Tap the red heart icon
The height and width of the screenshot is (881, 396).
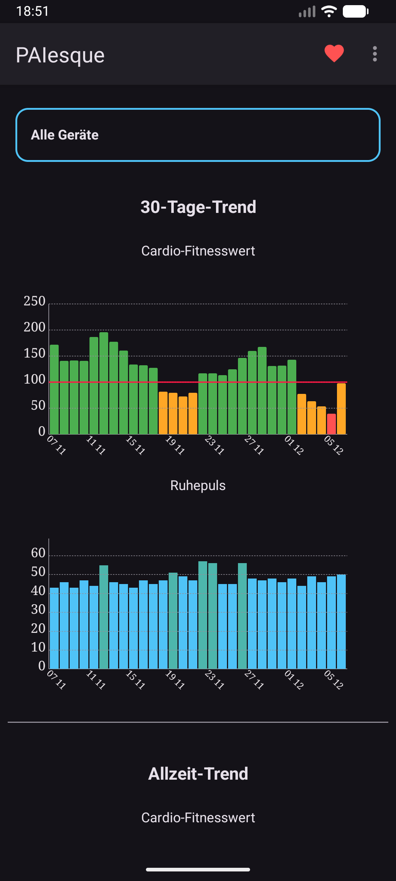click(x=334, y=54)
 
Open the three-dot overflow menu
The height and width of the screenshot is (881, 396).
click(x=374, y=54)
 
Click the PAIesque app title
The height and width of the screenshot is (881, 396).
click(x=60, y=55)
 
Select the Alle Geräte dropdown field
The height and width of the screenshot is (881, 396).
click(x=198, y=135)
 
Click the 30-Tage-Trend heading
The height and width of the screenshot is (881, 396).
click(x=198, y=207)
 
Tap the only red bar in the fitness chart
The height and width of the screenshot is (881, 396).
click(x=331, y=424)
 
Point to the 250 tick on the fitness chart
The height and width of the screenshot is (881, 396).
click(x=34, y=301)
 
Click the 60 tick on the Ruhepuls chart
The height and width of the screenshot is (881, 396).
click(x=38, y=553)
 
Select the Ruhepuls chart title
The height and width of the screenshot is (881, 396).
click(x=198, y=486)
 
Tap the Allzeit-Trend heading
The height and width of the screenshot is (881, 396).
click(x=198, y=774)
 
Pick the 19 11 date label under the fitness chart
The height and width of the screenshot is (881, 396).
click(x=175, y=445)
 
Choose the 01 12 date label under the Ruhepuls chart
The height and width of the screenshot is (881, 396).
click(x=294, y=680)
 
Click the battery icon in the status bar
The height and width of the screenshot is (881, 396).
click(x=355, y=11)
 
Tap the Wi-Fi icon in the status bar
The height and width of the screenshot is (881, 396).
click(x=329, y=11)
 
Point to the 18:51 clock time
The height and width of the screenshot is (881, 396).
click(x=32, y=11)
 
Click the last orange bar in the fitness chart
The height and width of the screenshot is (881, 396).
click(x=341, y=408)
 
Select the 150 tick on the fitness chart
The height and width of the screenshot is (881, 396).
click(x=34, y=354)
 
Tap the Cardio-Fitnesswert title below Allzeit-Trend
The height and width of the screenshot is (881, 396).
click(x=198, y=818)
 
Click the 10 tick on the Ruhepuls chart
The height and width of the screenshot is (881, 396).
click(x=38, y=647)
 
